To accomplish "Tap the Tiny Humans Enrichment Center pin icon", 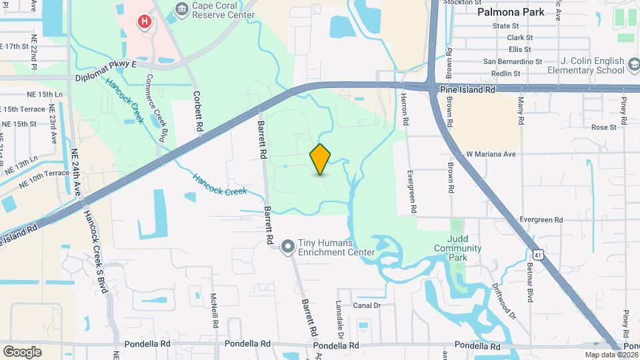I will pos(288,247).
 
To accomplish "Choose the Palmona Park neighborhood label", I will pos(511,12).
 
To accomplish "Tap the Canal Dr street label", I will pos(366,305).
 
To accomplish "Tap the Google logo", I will pos(22,351).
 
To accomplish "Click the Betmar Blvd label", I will pos(531,283).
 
